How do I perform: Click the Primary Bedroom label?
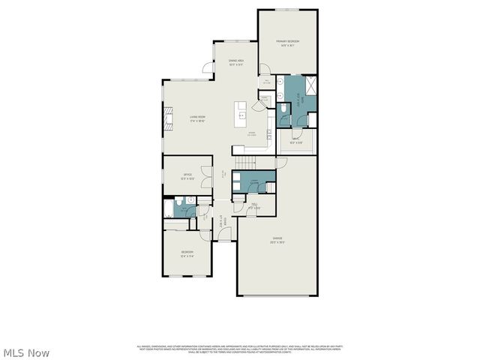pyautogui.click(x=288, y=43)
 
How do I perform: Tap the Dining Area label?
pyautogui.click(x=236, y=64)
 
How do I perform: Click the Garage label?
pyautogui.click(x=277, y=241)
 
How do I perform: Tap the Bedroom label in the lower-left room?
pyautogui.click(x=187, y=253)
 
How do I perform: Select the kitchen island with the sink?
pyautogui.click(x=241, y=112)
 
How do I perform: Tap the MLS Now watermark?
pyautogui.click(x=26, y=352)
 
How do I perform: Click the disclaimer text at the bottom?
pyautogui.click(x=239, y=349)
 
